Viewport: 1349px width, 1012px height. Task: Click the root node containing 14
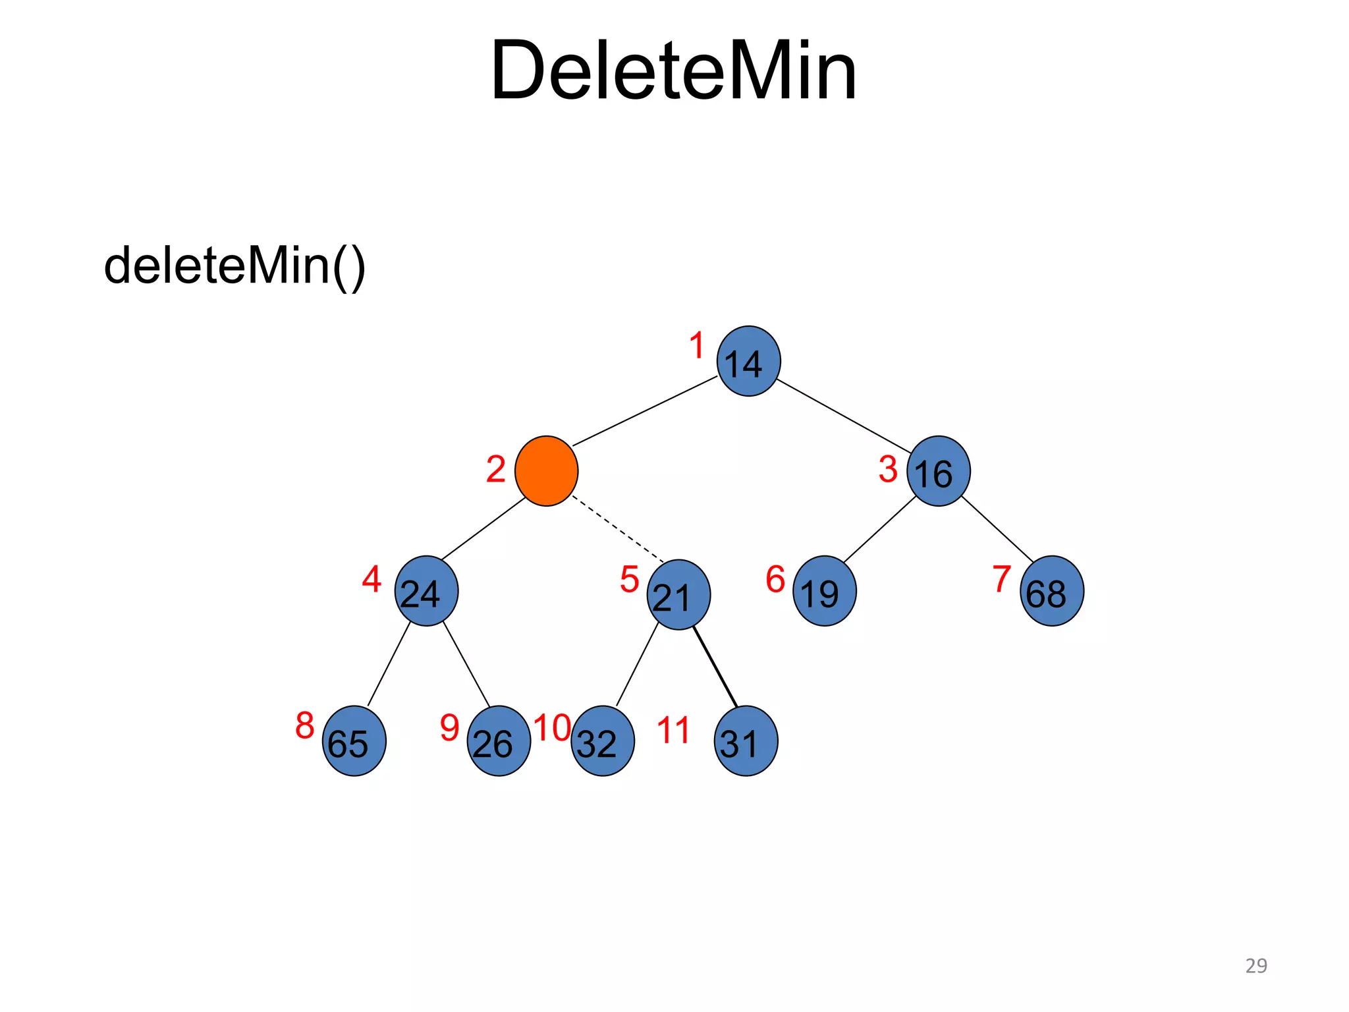coord(748,361)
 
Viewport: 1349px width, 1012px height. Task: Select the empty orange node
coord(546,471)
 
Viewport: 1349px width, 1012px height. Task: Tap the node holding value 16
coord(938,471)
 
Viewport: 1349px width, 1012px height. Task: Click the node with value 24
coord(426,591)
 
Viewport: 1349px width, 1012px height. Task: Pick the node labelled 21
coord(678,595)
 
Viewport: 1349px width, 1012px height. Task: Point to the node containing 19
coord(824,591)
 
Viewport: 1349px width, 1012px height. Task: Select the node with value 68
coord(1051,591)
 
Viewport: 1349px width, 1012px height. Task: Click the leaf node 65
coord(354,741)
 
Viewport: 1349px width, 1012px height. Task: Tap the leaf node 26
coord(499,741)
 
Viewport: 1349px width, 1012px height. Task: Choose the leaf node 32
coord(602,741)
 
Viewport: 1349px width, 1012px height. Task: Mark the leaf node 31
coord(746,741)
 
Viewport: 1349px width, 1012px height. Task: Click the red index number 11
coord(673,731)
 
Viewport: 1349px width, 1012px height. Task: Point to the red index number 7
coord(1001,579)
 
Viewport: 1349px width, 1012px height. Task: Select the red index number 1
coord(697,346)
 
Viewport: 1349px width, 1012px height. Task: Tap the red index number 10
coord(552,728)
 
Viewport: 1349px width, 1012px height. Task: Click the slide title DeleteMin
coord(673,70)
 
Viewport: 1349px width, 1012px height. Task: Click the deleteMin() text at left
coord(234,266)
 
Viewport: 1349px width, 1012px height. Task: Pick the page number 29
coord(1255,965)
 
